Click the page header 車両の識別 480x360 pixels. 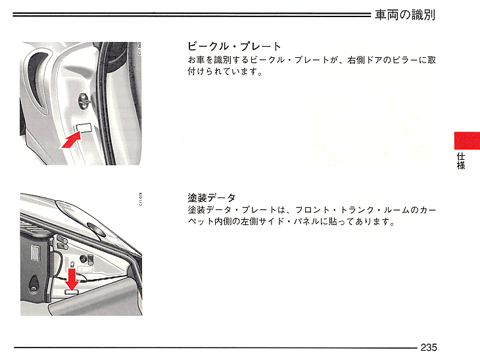point(404,14)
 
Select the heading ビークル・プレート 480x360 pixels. point(234,47)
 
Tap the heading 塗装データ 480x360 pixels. point(212,198)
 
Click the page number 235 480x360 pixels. point(429,347)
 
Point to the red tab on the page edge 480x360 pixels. point(467,141)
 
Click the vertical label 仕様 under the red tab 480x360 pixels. point(461,161)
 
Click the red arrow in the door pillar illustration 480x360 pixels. point(72,140)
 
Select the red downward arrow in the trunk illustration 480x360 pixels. point(72,279)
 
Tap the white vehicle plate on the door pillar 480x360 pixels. point(84,128)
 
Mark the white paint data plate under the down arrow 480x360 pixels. point(72,292)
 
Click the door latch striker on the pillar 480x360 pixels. point(84,101)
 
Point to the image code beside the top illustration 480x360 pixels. point(140,49)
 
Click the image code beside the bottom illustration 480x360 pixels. point(141,199)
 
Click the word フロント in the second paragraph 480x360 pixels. point(312,210)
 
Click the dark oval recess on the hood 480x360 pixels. point(97,229)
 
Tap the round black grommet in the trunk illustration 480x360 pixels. point(83,259)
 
